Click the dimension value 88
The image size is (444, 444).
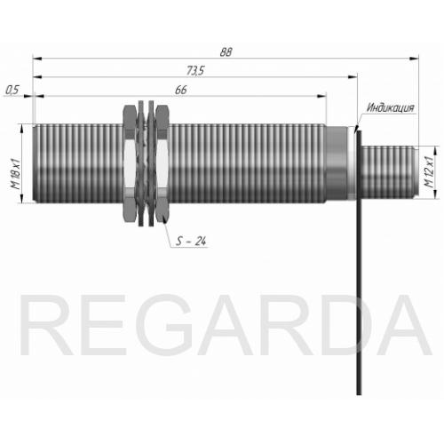[x=226, y=52]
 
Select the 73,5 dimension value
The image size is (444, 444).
[x=195, y=70]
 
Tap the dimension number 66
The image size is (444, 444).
[x=181, y=90]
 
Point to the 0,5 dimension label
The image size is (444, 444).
[x=12, y=90]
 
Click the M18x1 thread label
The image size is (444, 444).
[x=15, y=174]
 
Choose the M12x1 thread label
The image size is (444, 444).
[x=429, y=171]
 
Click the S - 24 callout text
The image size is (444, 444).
[x=191, y=241]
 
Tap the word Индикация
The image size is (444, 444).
[x=391, y=107]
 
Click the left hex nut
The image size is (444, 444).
[x=130, y=163]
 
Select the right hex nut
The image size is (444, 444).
[x=163, y=163]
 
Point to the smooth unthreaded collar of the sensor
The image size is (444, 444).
[x=337, y=163]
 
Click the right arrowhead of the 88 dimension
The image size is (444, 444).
[x=415, y=59]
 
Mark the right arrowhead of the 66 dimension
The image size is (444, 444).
[x=321, y=96]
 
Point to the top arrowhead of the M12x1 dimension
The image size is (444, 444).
[x=435, y=151]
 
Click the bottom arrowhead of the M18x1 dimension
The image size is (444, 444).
[x=21, y=198]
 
